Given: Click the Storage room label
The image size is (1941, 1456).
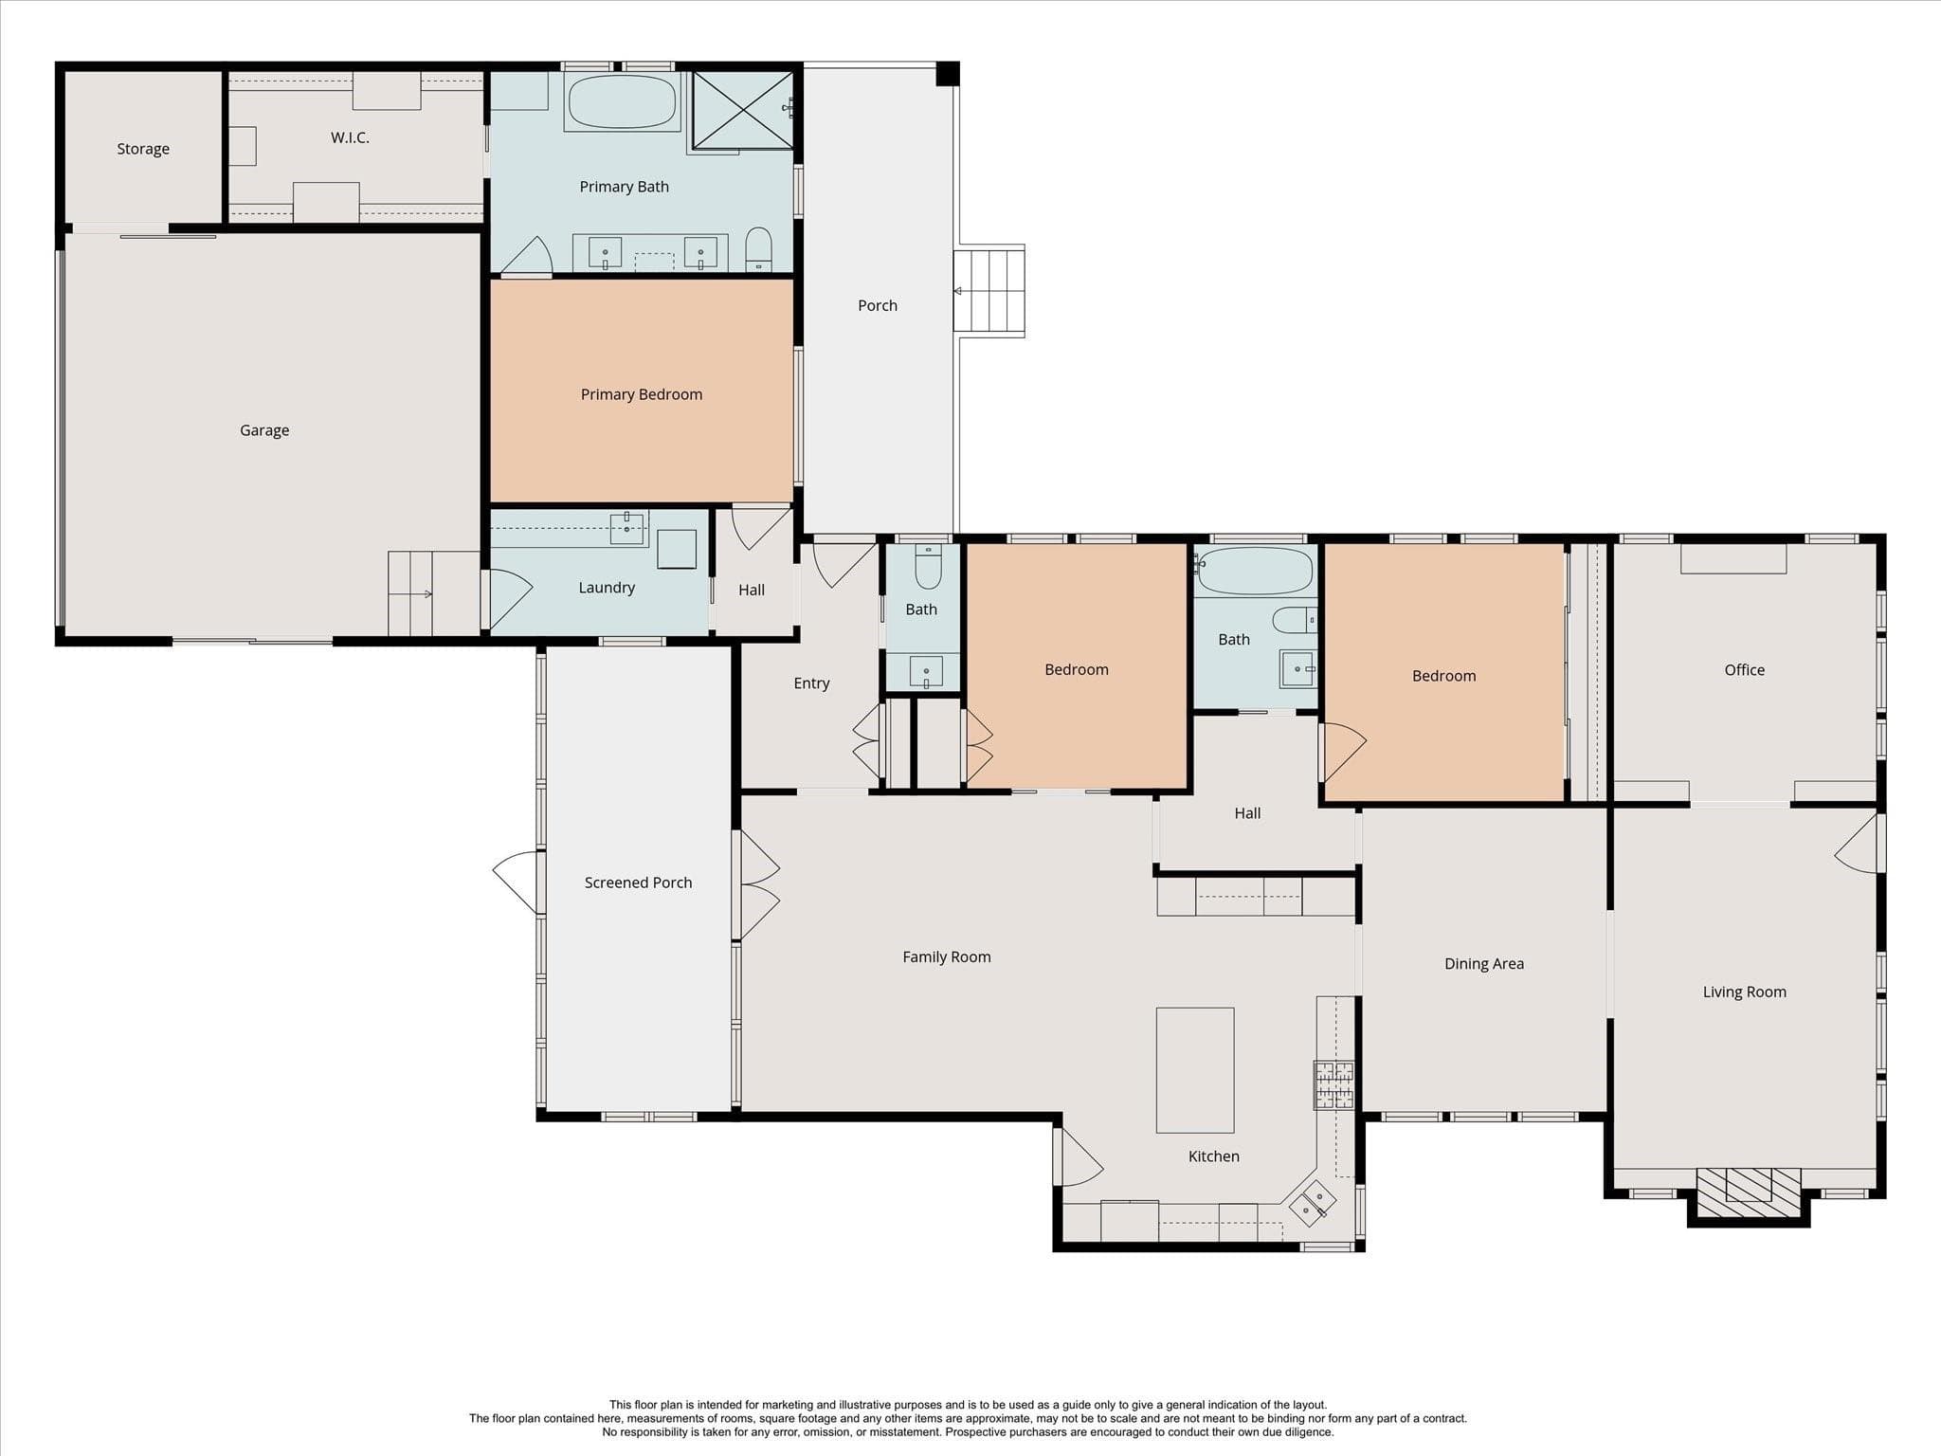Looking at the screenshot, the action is coord(143,149).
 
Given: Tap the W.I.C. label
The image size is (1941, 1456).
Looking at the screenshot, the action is coord(350,137).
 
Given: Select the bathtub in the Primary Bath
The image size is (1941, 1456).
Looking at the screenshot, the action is coord(622,101).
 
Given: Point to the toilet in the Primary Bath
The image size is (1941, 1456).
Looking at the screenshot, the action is coord(758,248).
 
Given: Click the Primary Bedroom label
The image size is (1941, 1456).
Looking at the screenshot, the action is coord(642,394).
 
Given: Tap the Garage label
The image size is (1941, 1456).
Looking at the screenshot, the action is coord(264,430).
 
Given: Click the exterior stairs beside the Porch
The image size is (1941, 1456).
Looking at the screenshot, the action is coord(989,291).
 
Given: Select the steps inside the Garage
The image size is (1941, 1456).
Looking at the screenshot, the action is coord(434,594).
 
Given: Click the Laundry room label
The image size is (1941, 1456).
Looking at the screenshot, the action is coord(607,588).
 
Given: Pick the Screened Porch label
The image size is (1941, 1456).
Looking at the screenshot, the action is coord(638,883).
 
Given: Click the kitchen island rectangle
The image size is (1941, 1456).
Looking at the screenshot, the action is coord(1195,1070).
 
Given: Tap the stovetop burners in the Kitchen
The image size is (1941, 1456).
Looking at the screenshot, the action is coord(1333,1085).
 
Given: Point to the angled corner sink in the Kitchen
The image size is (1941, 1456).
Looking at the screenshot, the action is coord(1313,1201).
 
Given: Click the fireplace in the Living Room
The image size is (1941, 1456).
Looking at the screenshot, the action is coord(1749,1195).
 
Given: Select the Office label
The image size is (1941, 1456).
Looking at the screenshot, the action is coord(1745,670).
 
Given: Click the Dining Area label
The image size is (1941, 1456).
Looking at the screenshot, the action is coord(1484,964).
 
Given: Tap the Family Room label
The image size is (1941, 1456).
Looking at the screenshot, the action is coord(947,957).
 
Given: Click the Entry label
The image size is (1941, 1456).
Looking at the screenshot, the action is coord(811,683).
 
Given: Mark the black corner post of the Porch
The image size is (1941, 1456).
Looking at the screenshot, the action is coord(948,74).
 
